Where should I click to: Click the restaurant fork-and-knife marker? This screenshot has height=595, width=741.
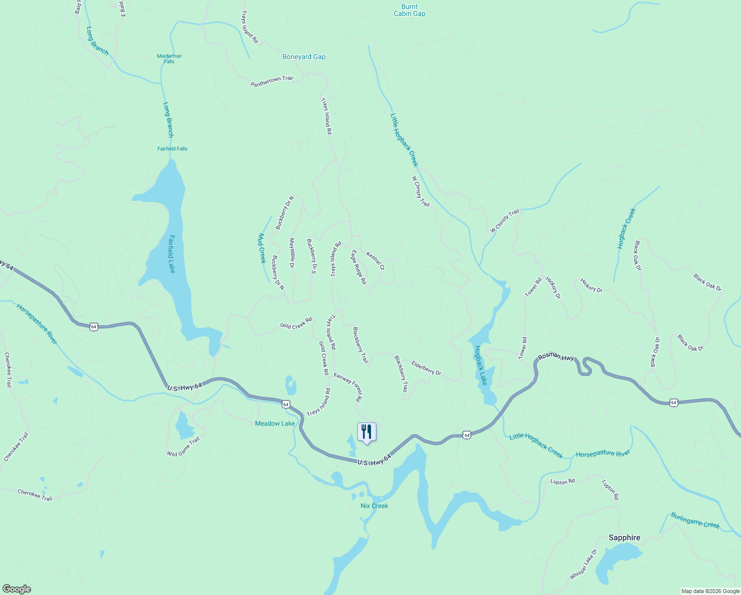pyautogui.click(x=367, y=431)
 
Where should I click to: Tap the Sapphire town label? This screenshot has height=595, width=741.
pyautogui.click(x=624, y=537)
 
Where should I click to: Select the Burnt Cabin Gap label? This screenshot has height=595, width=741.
pyautogui.click(x=409, y=10)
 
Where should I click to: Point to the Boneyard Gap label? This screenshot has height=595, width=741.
pyautogui.click(x=304, y=57)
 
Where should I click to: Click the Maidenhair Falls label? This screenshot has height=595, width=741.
pyautogui.click(x=169, y=59)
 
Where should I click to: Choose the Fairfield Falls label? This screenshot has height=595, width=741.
pyautogui.click(x=172, y=149)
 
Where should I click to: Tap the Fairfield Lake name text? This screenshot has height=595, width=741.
pyautogui.click(x=171, y=253)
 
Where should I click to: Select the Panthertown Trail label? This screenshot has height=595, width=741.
pyautogui.click(x=272, y=81)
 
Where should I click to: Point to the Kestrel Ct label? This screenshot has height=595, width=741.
pyautogui.click(x=375, y=261)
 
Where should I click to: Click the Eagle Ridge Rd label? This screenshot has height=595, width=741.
pyautogui.click(x=359, y=267)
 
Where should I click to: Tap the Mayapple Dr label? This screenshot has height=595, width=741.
pyautogui.click(x=292, y=253)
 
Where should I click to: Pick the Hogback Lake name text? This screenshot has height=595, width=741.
pyautogui.click(x=481, y=365)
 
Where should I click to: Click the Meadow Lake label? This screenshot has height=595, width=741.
pyautogui.click(x=275, y=423)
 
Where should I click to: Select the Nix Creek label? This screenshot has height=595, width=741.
pyautogui.click(x=374, y=506)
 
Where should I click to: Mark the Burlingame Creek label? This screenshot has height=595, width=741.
pyautogui.click(x=695, y=521)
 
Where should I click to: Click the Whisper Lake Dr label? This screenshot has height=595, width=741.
pyautogui.click(x=583, y=564)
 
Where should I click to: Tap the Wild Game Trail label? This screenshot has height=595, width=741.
pyautogui.click(x=183, y=447)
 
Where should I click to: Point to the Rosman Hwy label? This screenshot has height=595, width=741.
pyautogui.click(x=556, y=357)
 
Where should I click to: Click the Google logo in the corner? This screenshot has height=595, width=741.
pyautogui.click(x=16, y=589)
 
